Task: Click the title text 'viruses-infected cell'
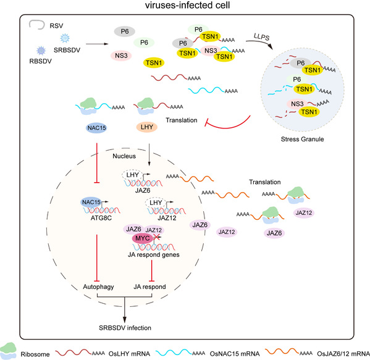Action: click(187, 5)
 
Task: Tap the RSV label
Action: click(56, 26)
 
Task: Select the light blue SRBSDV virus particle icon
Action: click(65, 38)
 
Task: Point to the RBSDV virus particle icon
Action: click(41, 51)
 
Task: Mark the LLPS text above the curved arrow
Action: click(261, 37)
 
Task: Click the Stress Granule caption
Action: click(302, 139)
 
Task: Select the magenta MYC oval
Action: click(142, 238)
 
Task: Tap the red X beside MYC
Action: click(156, 237)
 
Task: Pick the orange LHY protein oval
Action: click(147, 127)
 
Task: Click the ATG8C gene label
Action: click(101, 218)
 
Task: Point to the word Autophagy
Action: click(98, 287)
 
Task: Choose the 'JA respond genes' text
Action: click(154, 255)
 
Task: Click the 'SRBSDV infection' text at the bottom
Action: click(125, 328)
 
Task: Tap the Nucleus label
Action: click(124, 156)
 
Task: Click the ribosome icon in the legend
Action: click(8, 351)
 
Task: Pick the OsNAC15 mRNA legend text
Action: click(235, 354)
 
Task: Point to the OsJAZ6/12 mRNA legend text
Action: click(343, 354)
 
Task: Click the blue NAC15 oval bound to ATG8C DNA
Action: click(91, 203)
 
